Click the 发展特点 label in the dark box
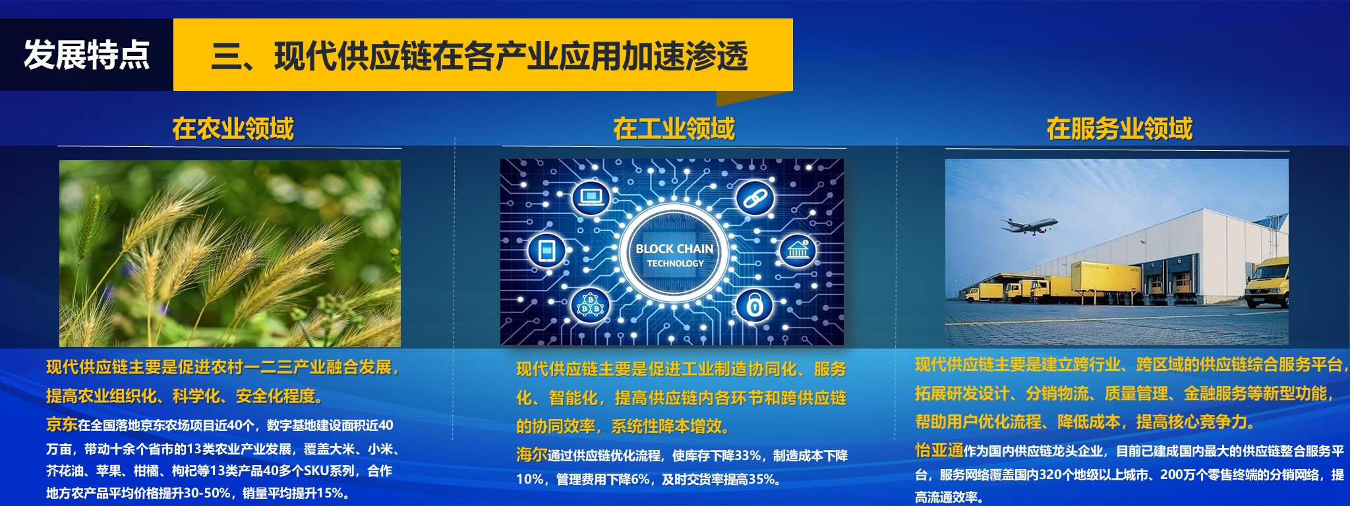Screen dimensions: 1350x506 [87, 55]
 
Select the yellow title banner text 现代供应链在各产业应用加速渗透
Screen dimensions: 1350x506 [511, 56]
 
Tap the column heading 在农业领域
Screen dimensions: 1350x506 [233, 128]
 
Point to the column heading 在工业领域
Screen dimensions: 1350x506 [674, 128]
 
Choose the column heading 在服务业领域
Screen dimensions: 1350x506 [1119, 128]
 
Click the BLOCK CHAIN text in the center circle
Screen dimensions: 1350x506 [674, 249]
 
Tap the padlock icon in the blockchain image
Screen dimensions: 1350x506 [755, 305]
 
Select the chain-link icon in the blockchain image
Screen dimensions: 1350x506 [754, 197]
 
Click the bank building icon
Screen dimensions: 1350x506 [798, 251]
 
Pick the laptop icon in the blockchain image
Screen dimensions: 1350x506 [591, 197]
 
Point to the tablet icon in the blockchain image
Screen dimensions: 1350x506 [547, 251]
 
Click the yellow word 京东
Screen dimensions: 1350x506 [62, 425]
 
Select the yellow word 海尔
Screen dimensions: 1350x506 [532, 455]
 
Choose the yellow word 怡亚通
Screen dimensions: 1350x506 [939, 451]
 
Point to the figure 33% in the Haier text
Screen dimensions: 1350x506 [748, 456]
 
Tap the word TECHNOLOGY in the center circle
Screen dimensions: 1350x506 [675, 264]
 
